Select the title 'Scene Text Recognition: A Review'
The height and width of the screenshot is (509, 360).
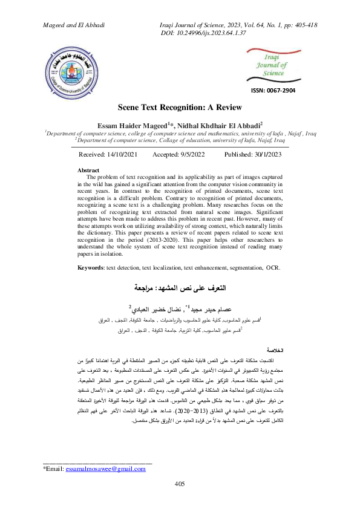(180, 105)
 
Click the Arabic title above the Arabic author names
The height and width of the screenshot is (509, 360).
(180, 288)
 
